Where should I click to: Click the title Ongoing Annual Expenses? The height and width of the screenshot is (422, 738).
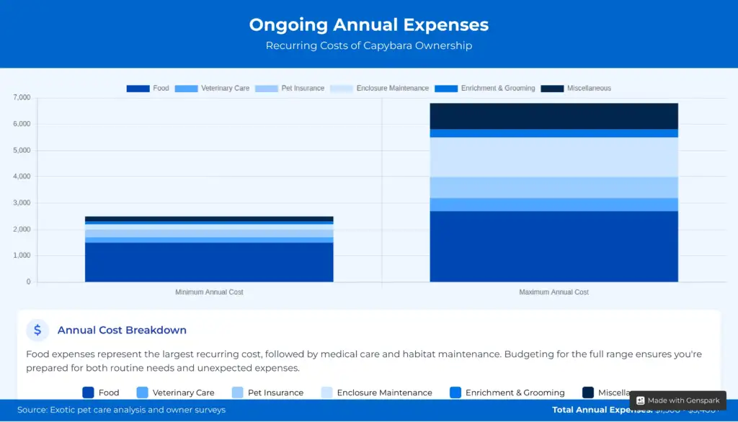click(368, 24)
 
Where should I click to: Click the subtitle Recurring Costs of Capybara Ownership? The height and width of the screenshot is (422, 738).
click(368, 46)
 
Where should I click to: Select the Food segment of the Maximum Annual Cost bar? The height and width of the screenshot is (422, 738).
click(553, 246)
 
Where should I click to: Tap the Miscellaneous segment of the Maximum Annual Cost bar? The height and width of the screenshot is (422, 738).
click(553, 116)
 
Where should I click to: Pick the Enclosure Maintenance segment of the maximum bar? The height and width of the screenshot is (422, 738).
click(553, 157)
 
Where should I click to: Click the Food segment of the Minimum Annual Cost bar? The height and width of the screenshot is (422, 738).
click(209, 262)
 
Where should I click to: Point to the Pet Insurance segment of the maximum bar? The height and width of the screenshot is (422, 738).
click(553, 187)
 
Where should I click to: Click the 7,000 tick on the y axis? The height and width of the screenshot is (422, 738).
click(22, 97)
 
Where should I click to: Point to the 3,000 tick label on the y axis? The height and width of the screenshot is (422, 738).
click(22, 203)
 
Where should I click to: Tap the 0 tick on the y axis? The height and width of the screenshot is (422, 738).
click(28, 282)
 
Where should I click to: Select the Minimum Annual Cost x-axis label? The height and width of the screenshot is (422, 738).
click(209, 292)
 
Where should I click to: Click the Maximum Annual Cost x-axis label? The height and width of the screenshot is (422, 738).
click(553, 292)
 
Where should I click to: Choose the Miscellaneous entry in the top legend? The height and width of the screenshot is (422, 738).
click(588, 89)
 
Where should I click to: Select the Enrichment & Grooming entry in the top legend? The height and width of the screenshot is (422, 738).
click(497, 89)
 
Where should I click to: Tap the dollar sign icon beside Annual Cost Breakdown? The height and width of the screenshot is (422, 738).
click(37, 331)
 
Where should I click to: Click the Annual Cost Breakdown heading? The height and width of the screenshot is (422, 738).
click(122, 331)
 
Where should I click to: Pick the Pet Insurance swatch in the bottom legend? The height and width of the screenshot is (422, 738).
click(238, 392)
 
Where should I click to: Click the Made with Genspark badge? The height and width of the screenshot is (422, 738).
click(677, 400)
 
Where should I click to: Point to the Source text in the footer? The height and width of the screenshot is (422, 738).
click(121, 410)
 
